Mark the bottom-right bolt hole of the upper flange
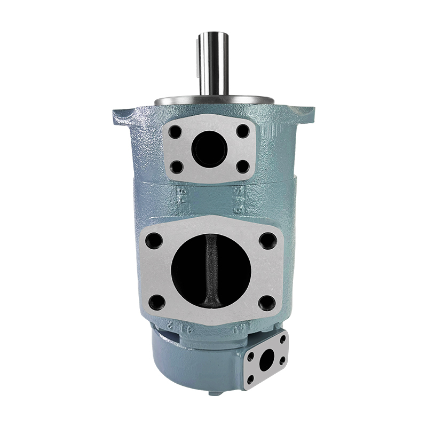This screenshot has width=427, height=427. tap(242, 166)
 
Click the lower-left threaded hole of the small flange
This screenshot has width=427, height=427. tap(250, 378)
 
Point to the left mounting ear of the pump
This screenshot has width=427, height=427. tap(122, 115)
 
